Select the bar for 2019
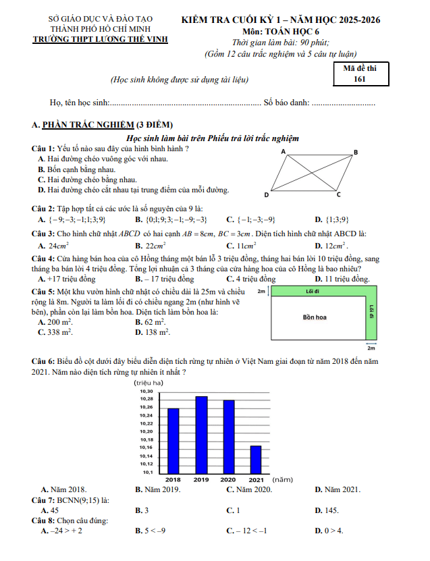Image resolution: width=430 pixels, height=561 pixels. pos(201,435)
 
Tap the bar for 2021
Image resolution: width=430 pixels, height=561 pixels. pos(255,460)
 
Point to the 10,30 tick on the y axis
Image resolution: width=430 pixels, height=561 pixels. pos(146,392)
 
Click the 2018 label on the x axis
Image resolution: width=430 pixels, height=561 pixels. pos(173,479)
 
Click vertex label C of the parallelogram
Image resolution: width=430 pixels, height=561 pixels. pos(339,195)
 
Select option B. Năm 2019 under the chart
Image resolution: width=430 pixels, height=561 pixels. pos(157,489)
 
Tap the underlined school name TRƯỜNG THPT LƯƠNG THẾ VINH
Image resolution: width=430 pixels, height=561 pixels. pos(100,39)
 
